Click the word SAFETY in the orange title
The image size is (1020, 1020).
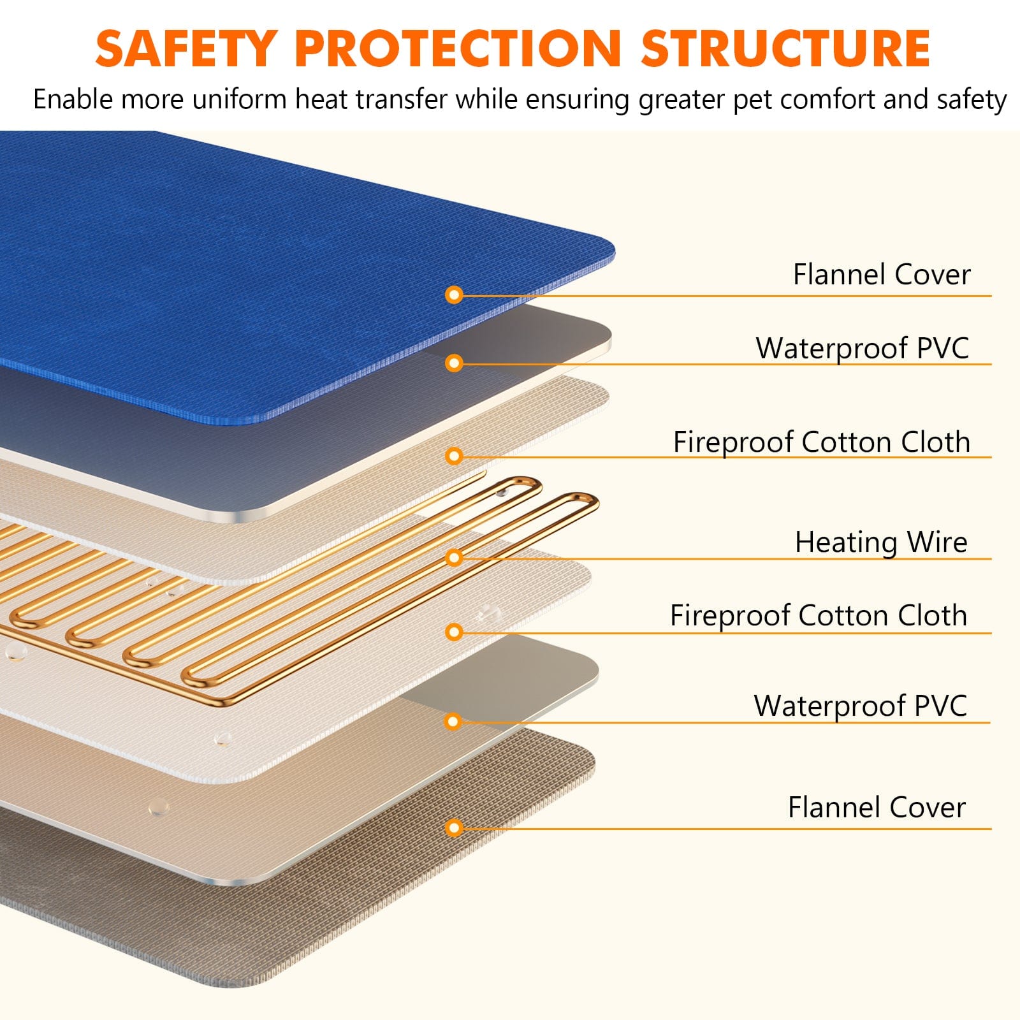tap(185, 48)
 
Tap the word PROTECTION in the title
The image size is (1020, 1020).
tap(458, 48)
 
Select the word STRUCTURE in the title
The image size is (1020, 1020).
tap(785, 48)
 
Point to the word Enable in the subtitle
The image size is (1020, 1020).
tap(73, 100)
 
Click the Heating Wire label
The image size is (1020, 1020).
tap(881, 543)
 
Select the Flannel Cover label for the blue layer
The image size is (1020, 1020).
tap(882, 275)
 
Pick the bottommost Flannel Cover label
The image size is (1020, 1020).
tap(877, 808)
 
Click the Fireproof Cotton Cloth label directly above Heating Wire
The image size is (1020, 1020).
tap(822, 442)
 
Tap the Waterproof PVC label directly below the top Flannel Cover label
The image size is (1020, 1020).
tap(862, 349)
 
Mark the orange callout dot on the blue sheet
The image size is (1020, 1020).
tap(454, 295)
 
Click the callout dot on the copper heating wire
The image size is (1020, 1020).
tap(454, 558)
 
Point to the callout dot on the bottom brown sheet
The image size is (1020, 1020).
tap(454, 828)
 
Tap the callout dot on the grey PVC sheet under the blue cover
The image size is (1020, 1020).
tap(454, 363)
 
